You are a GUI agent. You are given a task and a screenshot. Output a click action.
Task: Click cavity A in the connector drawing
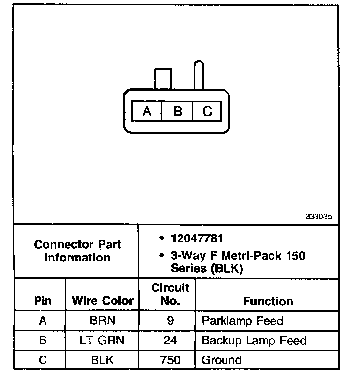[147, 111]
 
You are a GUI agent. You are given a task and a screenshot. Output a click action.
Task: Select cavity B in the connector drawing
[178, 111]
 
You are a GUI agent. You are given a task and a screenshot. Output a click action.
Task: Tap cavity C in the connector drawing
[207, 111]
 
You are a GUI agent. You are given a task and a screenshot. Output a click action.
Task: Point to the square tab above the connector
[163, 78]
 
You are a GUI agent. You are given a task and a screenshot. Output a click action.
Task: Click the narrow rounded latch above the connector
[199, 74]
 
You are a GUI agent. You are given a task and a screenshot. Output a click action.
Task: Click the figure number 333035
[322, 216]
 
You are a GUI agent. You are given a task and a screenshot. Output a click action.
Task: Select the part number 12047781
[197, 238]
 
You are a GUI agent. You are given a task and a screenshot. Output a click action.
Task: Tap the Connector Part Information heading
[77, 251]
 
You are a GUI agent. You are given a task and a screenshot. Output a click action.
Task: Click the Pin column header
[43, 300]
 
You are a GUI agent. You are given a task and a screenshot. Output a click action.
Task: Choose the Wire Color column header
[103, 300]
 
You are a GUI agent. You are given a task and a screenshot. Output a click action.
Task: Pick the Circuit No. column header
[170, 294]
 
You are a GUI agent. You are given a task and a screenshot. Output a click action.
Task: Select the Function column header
[268, 301]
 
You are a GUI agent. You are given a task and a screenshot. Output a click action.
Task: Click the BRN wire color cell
[102, 321]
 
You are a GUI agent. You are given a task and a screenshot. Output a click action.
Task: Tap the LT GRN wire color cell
[102, 340]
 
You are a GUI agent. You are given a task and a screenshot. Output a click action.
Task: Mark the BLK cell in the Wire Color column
[102, 360]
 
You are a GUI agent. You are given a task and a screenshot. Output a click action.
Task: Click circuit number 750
[170, 360]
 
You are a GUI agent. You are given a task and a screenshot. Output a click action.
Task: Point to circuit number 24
[170, 340]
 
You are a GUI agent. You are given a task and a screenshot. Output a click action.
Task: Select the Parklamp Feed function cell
[242, 321]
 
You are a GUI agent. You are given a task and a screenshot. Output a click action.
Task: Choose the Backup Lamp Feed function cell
[254, 340]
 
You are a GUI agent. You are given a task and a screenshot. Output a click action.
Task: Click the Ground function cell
[222, 360]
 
